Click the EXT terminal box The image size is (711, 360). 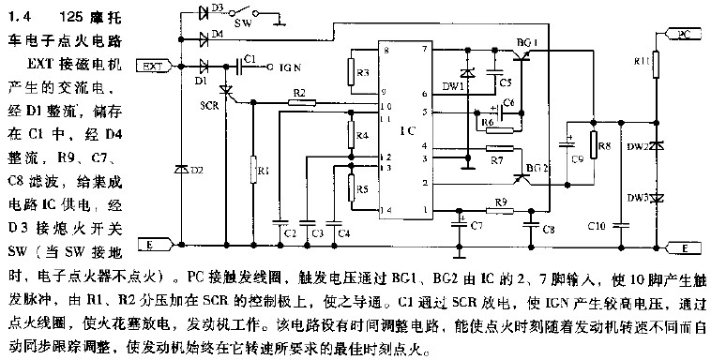click(x=154, y=67)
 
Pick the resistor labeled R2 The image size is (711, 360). click(x=298, y=103)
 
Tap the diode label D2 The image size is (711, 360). click(x=195, y=170)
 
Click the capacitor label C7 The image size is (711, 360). click(x=477, y=226)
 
